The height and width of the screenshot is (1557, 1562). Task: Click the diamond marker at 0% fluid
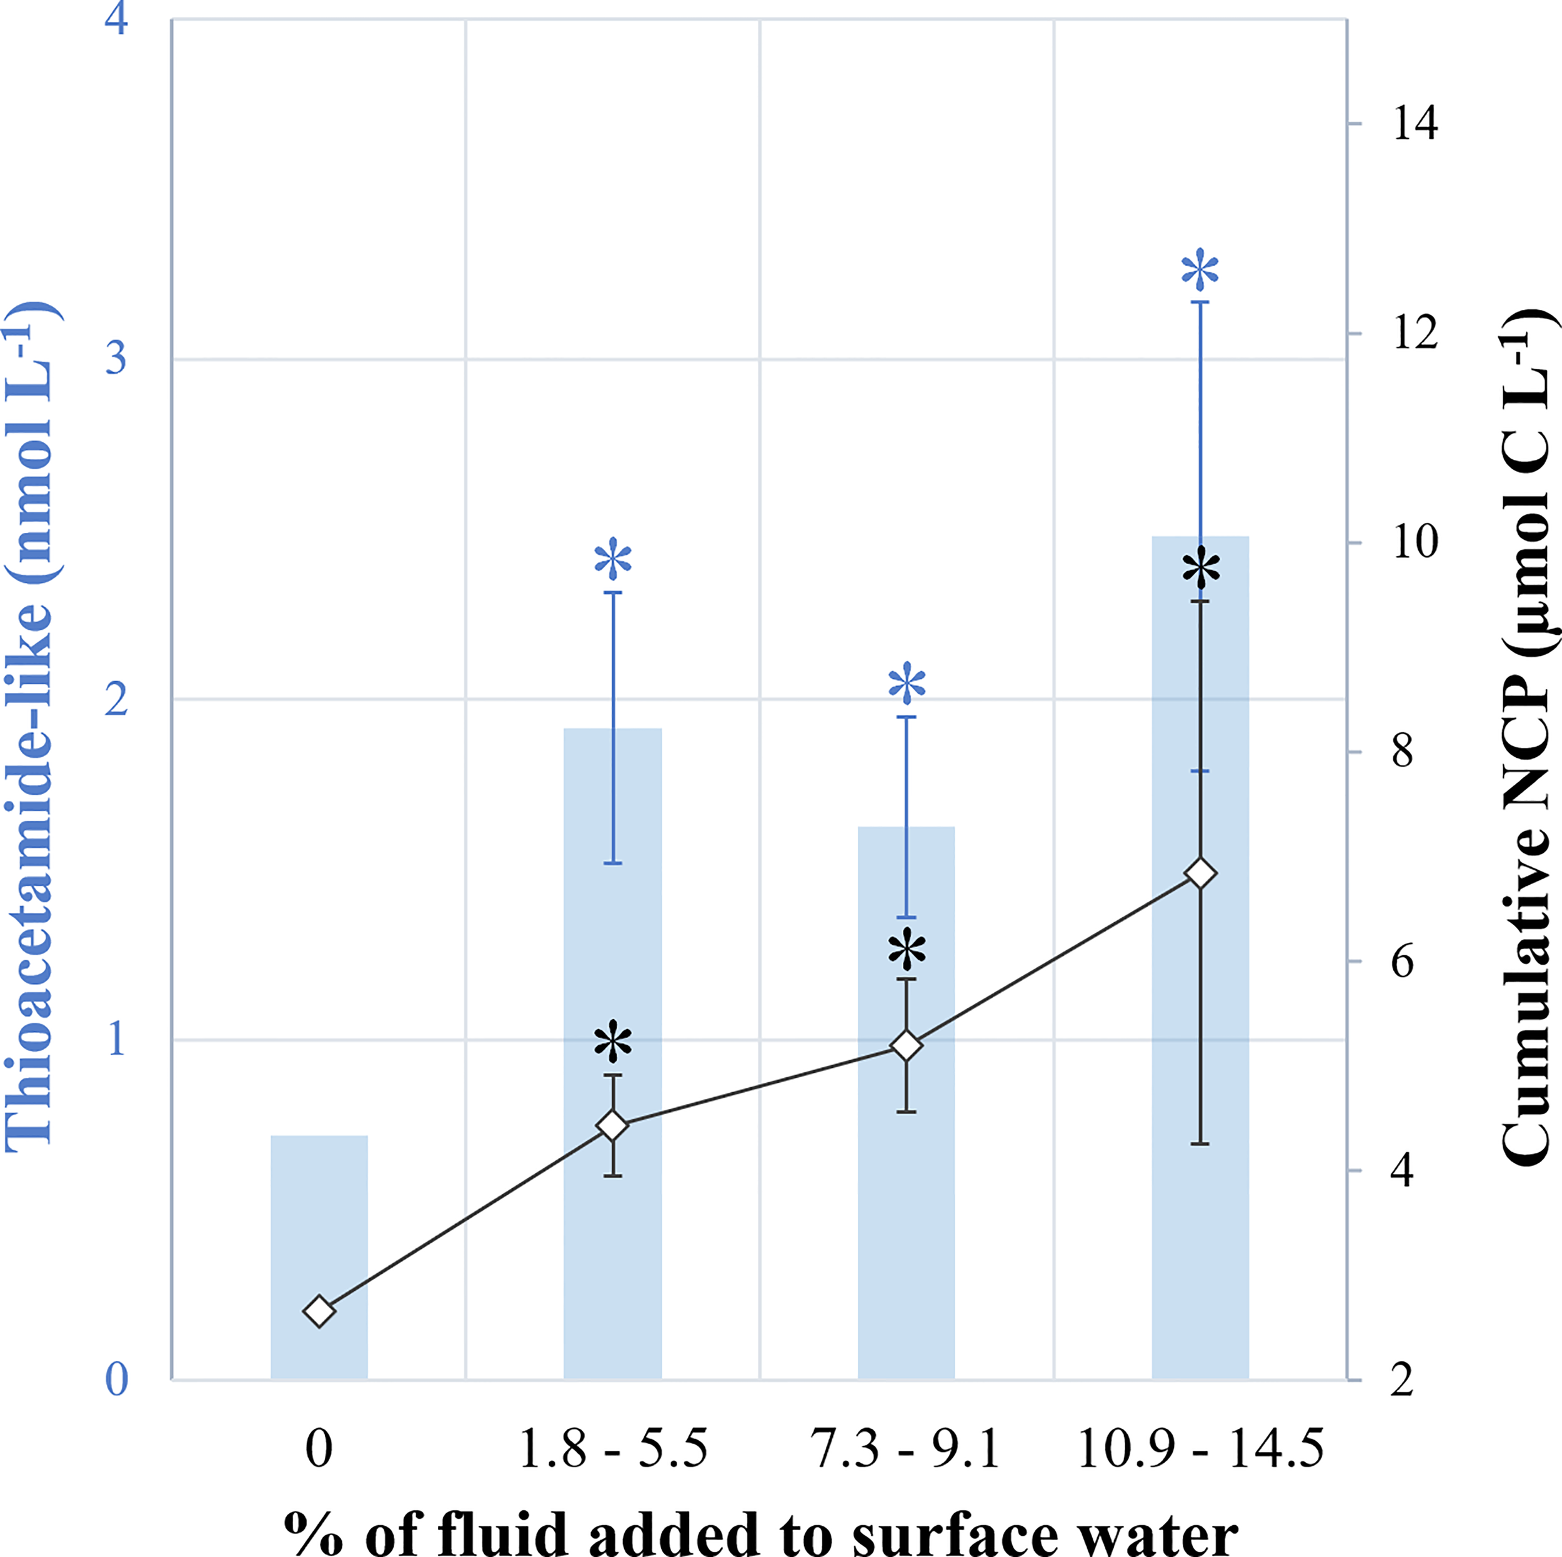[x=319, y=1311]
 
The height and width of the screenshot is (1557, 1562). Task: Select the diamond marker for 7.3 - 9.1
[x=907, y=1046]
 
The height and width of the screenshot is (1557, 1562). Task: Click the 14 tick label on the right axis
[x=1414, y=124]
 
